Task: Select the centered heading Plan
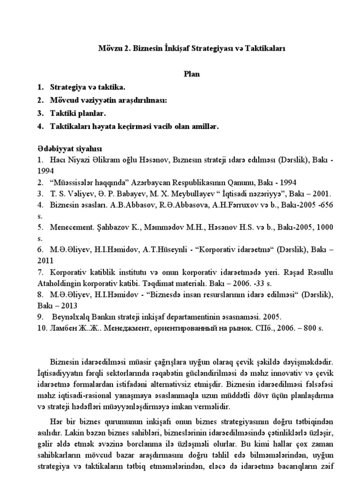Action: tap(190, 74)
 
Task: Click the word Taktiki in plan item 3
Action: tap(64, 113)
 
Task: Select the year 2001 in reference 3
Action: tap(320, 193)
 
